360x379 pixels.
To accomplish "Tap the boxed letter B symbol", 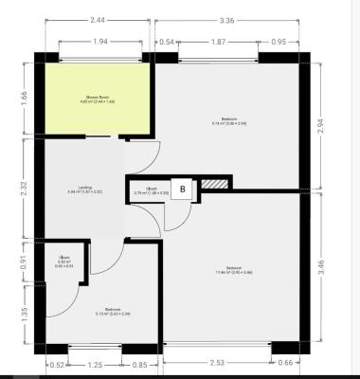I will (185, 189).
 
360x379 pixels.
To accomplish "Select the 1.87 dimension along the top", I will (217, 42).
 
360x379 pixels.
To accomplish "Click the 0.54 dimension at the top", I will (168, 42).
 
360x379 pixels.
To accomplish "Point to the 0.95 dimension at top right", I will (279, 42).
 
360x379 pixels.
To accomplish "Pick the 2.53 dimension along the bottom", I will (219, 361).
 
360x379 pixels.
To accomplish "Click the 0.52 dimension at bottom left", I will (56, 364).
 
